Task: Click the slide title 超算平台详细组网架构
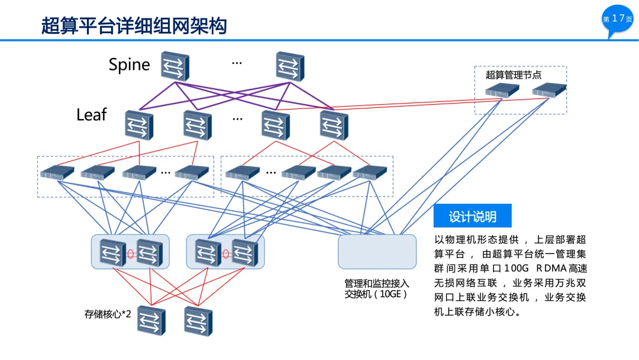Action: pos(134,25)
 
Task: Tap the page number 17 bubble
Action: pos(617,19)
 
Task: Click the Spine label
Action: pos(129,65)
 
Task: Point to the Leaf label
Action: pos(92,114)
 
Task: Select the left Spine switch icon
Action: pos(175,66)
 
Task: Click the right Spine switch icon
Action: pos(290,66)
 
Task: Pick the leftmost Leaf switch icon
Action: pos(139,125)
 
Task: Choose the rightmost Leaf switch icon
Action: pos(334,125)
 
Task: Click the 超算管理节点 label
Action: pos(514,75)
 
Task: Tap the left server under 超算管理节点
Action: pos(502,91)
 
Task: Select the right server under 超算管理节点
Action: pos(549,91)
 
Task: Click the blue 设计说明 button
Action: pos(472,216)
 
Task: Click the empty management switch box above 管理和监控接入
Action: pos(377,252)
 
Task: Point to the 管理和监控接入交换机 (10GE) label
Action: pos(376,289)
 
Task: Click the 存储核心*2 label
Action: pos(108,314)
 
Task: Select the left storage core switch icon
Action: pos(151,320)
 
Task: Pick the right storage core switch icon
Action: pos(198,322)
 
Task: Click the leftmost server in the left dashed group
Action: pos(57,173)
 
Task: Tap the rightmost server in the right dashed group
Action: pos(370,172)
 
